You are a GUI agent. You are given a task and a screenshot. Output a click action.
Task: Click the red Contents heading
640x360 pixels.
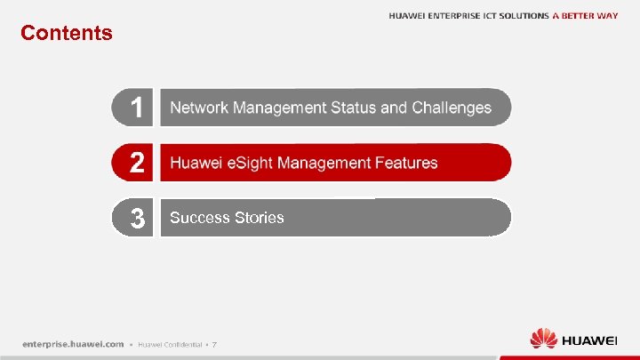[x=67, y=33]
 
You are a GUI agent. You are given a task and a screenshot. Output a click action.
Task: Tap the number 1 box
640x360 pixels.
[x=133, y=108]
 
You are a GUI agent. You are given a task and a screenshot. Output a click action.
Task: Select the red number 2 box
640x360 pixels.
[x=133, y=163]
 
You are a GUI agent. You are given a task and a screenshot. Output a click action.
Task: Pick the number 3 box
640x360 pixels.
[x=133, y=218]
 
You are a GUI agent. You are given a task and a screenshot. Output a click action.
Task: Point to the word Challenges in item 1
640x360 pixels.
[x=452, y=108]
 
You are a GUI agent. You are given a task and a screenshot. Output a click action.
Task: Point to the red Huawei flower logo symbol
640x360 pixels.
[x=543, y=340]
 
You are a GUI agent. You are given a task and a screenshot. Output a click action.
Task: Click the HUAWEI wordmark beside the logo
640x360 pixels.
[x=589, y=340]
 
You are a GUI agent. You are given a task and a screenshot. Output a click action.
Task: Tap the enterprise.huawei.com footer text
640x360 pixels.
[x=73, y=344]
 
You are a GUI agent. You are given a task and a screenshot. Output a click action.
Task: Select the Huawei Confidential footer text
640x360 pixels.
[x=169, y=345]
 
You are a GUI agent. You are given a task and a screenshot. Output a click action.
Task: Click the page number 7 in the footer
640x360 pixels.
[x=214, y=345]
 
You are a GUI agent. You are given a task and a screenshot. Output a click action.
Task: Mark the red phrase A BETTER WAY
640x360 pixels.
[x=585, y=16]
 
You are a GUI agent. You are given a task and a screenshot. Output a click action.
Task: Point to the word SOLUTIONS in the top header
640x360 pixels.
[x=524, y=16]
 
